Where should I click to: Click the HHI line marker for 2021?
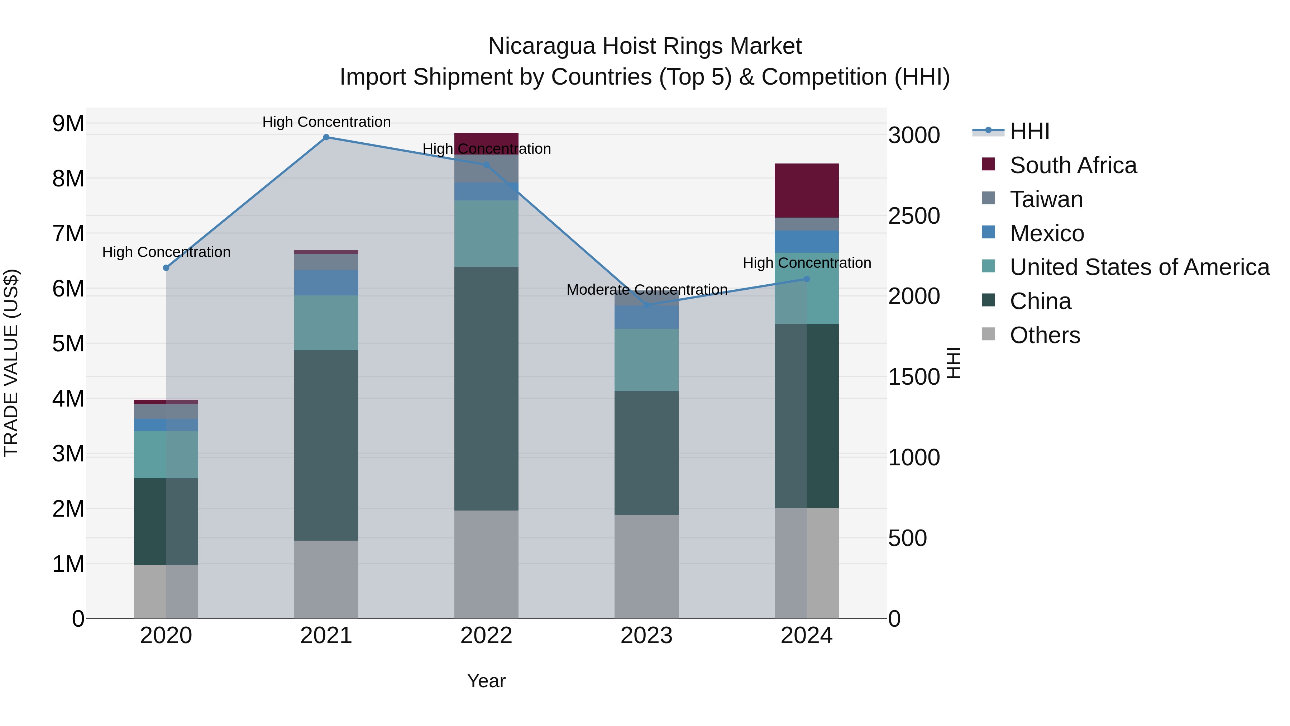click(326, 137)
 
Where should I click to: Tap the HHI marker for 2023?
click(646, 305)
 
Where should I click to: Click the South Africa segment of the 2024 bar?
click(806, 190)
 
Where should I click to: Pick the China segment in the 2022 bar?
click(486, 388)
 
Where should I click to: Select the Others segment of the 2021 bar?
click(326, 579)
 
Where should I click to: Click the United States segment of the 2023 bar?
click(646, 360)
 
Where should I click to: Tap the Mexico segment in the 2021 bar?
click(326, 283)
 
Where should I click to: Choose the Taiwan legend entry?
click(1046, 199)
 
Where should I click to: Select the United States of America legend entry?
click(1139, 267)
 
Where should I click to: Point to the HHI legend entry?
click(1029, 131)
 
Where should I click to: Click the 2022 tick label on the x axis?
click(486, 636)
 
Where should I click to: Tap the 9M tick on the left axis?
click(68, 123)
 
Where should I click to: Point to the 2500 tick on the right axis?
click(914, 216)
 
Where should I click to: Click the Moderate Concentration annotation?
click(646, 290)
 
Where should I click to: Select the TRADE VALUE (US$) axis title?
click(11, 363)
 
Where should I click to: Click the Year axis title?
click(486, 681)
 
